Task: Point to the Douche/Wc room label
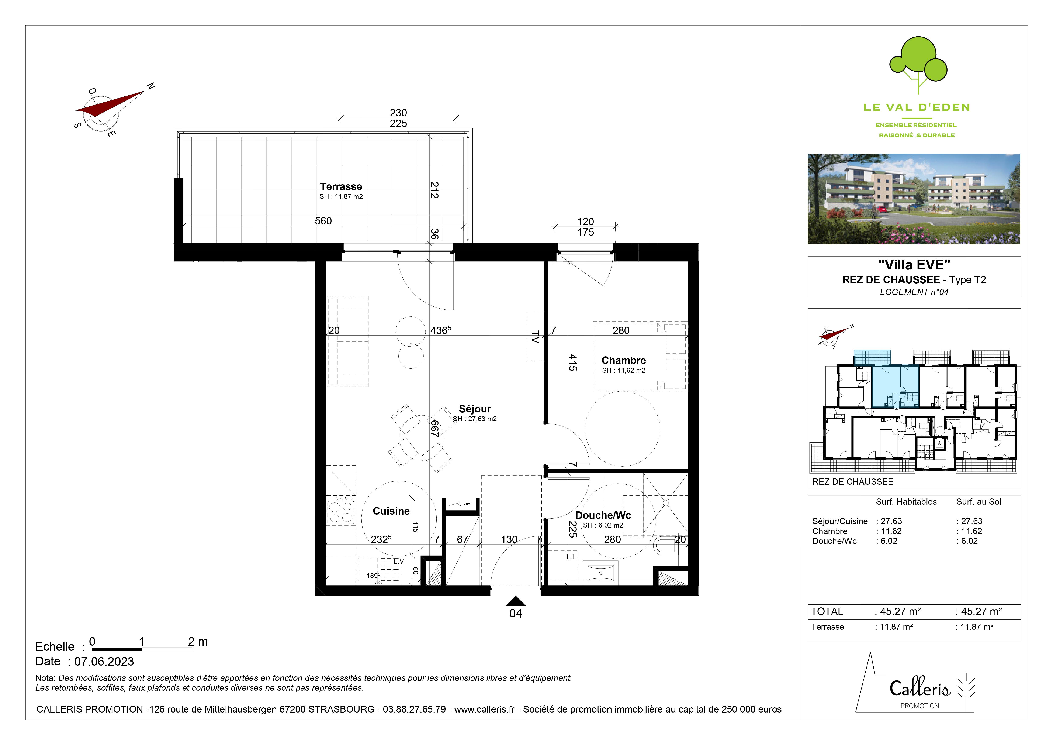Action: click(603, 515)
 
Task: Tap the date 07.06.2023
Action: click(104, 662)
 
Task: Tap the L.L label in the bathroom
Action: click(571, 557)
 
